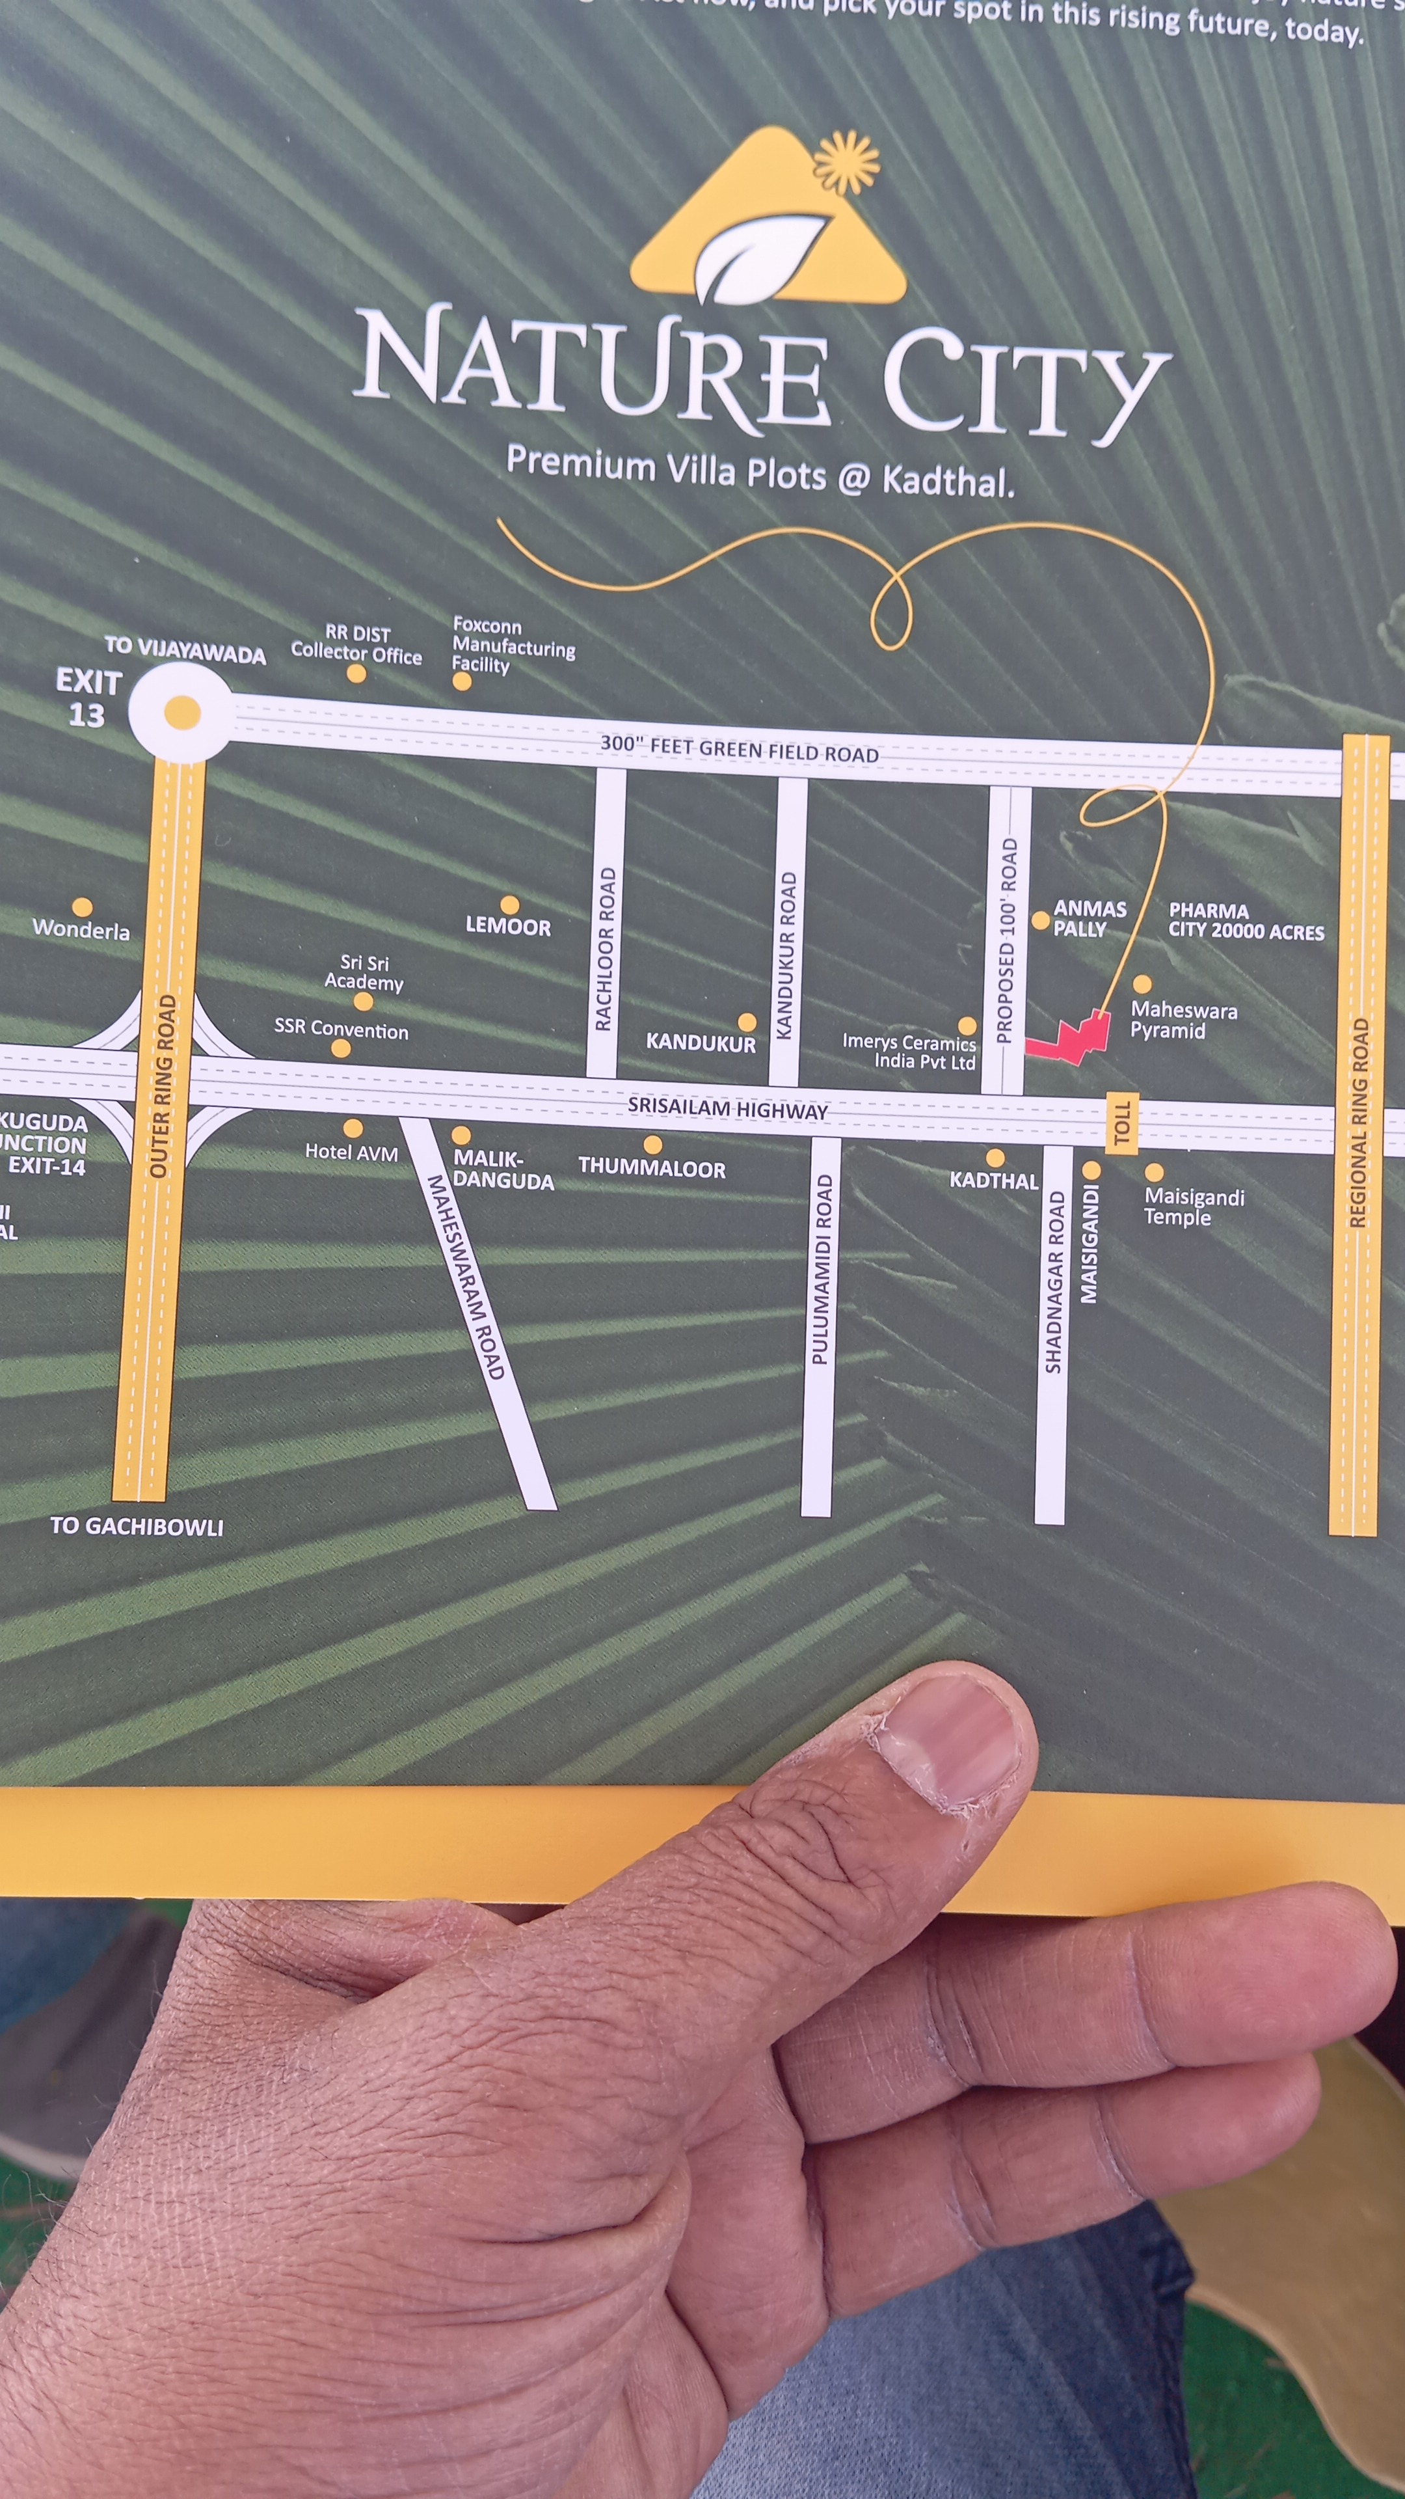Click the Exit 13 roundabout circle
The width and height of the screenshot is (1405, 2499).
tap(181, 713)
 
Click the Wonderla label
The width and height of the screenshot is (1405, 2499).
tap(81, 929)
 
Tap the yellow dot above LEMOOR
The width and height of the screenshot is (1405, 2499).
tap(509, 906)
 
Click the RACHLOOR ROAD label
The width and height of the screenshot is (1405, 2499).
tap(605, 949)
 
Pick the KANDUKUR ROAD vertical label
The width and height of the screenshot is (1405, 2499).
tap(787, 955)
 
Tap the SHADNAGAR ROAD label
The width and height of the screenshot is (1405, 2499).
tap(1053, 1281)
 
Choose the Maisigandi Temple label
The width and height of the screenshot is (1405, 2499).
tap(1194, 1207)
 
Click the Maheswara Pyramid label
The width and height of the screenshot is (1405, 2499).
tap(1183, 1020)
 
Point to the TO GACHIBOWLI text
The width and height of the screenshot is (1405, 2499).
tap(137, 1526)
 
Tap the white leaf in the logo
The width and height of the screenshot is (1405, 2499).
tap(758, 255)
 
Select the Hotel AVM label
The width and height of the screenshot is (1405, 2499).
tap(351, 1151)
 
